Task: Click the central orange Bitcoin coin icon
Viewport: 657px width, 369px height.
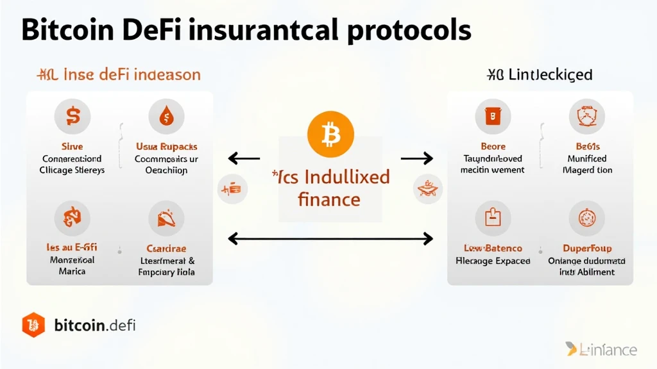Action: (x=330, y=134)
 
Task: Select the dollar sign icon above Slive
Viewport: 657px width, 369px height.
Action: (x=72, y=116)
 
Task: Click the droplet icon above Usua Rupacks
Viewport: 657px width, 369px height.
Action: (x=166, y=116)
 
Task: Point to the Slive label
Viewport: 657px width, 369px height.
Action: (x=72, y=146)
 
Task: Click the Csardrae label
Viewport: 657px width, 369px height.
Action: (x=166, y=248)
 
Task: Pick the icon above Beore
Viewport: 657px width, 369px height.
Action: (x=493, y=116)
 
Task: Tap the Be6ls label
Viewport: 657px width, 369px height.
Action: (x=586, y=146)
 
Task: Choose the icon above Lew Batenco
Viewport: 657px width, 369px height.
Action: (x=493, y=218)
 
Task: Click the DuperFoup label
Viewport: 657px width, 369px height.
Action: (x=586, y=248)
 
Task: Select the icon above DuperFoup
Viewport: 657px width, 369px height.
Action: (x=586, y=218)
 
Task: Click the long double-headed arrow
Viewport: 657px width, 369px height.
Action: (x=330, y=239)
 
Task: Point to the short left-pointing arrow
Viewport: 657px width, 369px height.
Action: (x=244, y=158)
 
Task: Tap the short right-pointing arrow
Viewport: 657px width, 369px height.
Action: (x=417, y=158)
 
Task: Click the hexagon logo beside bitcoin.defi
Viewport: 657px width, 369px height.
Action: (x=33, y=325)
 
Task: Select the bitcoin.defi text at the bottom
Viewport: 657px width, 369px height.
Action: (x=95, y=325)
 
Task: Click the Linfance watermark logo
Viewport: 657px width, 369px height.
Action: (x=601, y=349)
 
